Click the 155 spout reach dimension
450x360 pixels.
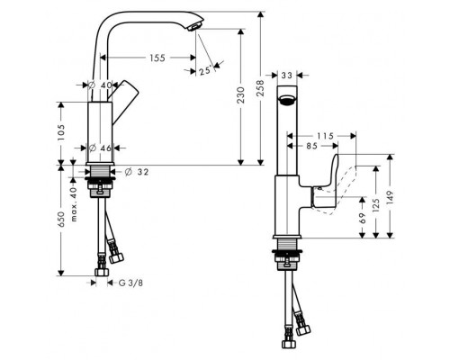coord(157,58)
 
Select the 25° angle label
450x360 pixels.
coord(205,71)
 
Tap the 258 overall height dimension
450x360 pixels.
coord(260,88)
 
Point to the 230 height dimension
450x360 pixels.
coord(240,95)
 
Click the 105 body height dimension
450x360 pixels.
coord(60,133)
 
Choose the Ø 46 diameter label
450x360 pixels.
coord(101,148)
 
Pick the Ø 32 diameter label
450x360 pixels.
coord(137,172)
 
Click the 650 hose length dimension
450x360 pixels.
coord(61,220)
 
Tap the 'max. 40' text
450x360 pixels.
coord(74,204)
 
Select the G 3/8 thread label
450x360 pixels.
coord(130,283)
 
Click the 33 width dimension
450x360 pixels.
coord(287,76)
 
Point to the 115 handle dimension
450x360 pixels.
coord(326,136)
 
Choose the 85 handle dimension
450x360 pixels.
coord(311,146)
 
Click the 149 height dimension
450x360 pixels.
coord(390,198)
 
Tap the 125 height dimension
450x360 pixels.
coord(375,205)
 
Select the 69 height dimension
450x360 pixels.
coord(363,218)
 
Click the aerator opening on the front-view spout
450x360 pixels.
coord(287,100)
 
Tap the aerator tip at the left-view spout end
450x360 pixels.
coord(194,28)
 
